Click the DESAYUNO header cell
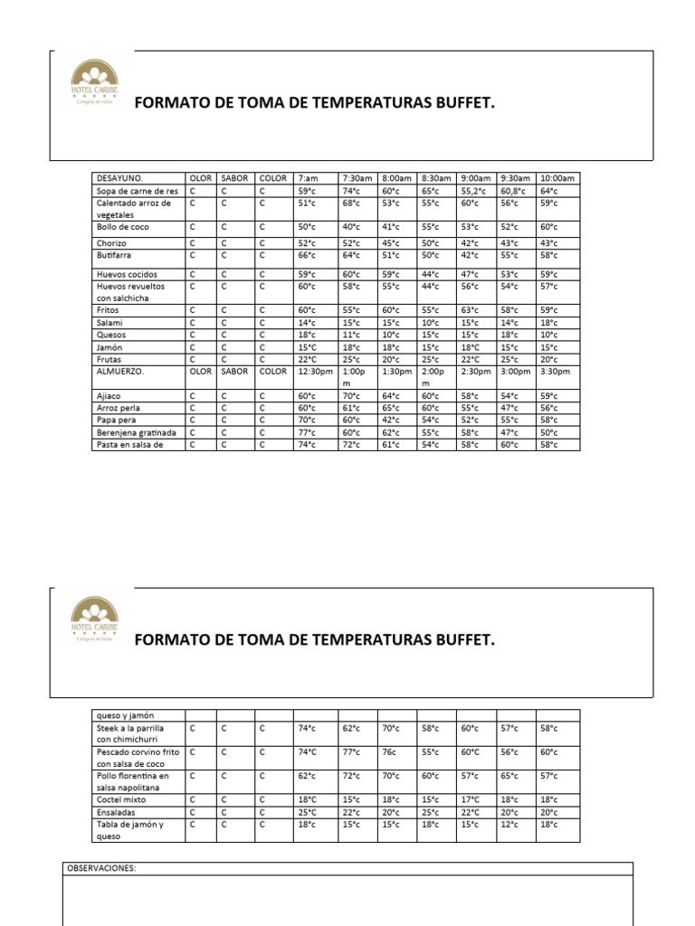point(120,179)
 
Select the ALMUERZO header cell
point(121,371)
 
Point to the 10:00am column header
point(557,179)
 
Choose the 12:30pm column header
point(315,371)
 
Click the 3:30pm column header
point(556,371)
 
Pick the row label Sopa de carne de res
point(138,191)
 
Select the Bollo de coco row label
point(123,227)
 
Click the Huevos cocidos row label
point(128,274)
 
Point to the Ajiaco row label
point(109,395)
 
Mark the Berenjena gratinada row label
point(137,432)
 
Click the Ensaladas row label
point(118,812)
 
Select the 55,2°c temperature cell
point(473,191)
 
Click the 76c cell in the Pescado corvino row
point(391,751)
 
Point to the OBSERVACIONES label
point(100,868)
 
